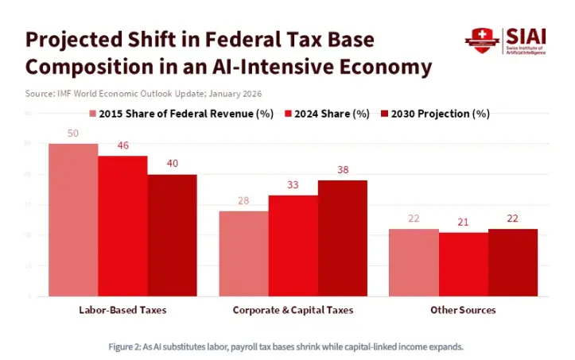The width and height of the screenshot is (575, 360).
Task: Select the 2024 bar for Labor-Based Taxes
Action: pyautogui.click(x=122, y=226)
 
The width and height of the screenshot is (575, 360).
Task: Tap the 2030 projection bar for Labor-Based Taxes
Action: pyautogui.click(x=172, y=235)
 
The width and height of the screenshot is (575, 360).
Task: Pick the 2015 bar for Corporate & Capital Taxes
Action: pyautogui.click(x=243, y=254)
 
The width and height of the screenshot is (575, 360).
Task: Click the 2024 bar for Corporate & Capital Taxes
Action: pyautogui.click(x=293, y=246)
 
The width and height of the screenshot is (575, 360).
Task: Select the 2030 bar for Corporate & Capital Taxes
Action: pyautogui.click(x=342, y=238)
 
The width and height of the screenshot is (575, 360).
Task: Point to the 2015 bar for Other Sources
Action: pyautogui.click(x=414, y=262)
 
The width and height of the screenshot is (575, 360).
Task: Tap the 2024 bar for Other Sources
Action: pyautogui.click(x=463, y=264)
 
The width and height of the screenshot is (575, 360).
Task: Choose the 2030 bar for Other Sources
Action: pyautogui.click(x=513, y=262)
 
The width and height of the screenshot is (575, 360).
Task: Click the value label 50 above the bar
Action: pyautogui.click(x=73, y=134)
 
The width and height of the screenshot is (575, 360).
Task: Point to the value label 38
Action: pyautogui.click(x=342, y=170)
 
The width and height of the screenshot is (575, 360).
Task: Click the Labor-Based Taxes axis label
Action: pyautogui.click(x=122, y=309)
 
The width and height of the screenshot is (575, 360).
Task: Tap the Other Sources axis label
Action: pyautogui.click(x=463, y=309)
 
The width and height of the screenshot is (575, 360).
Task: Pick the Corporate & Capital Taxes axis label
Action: pyautogui.click(x=293, y=309)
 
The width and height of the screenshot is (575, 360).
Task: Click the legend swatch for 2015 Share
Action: pyautogui.click(x=92, y=114)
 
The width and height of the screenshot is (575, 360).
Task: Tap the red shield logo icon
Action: pyautogui.click(x=480, y=38)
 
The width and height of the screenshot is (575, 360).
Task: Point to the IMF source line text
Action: pyautogui.click(x=143, y=94)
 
